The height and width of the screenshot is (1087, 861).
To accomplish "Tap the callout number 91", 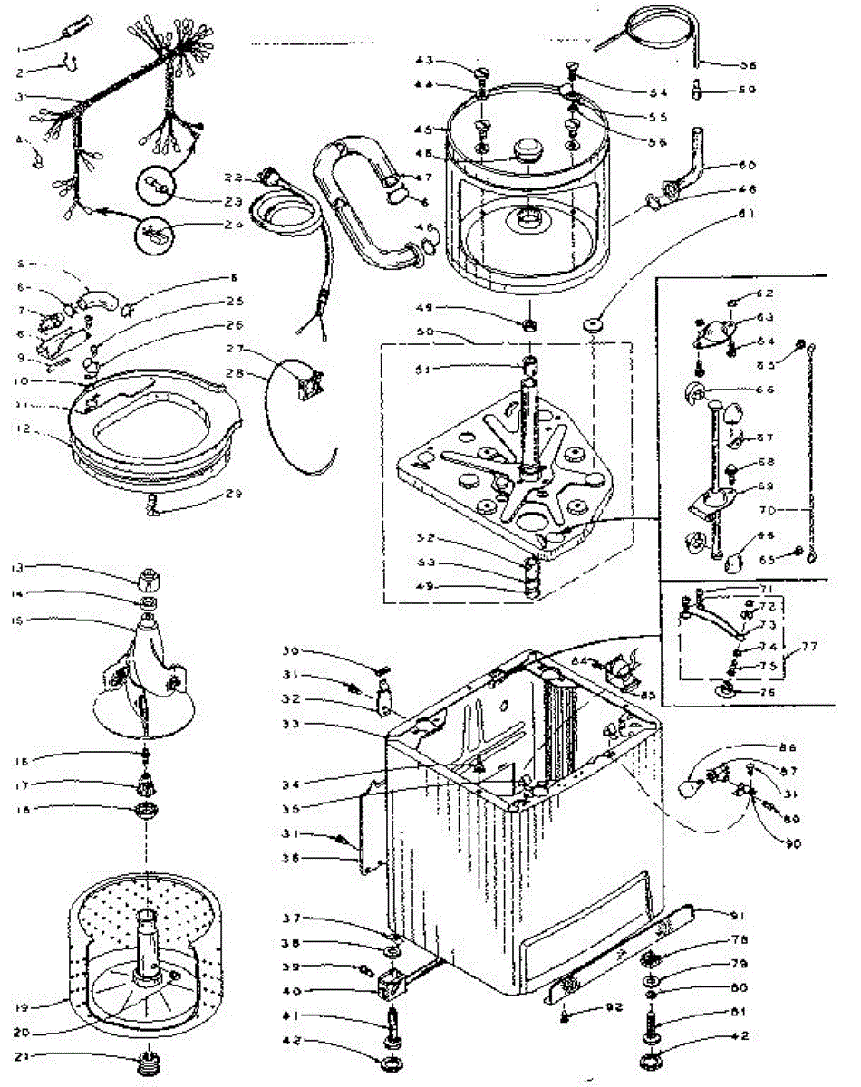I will pyautogui.click(x=731, y=912).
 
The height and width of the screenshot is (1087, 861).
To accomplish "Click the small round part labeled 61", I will pyautogui.click(x=595, y=324).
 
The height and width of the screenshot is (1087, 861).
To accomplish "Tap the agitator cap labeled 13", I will pyautogui.click(x=150, y=576).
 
